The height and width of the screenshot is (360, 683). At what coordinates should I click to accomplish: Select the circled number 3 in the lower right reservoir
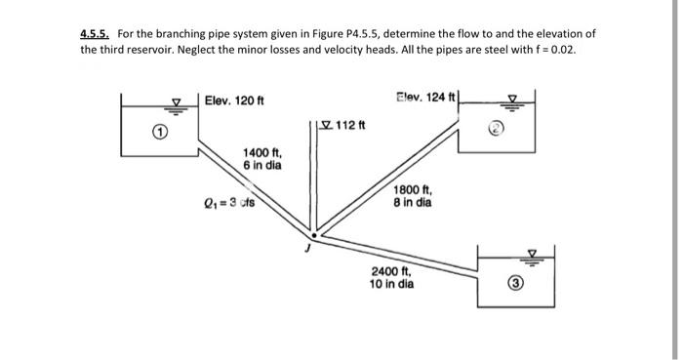coord(521,287)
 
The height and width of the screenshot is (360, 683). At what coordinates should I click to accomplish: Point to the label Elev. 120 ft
coord(235,100)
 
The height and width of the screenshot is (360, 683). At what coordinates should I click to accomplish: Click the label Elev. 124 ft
coord(425,96)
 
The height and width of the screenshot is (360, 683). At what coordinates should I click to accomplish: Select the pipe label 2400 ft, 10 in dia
coord(392,279)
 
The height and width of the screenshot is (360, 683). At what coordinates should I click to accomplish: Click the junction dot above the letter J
coord(313,235)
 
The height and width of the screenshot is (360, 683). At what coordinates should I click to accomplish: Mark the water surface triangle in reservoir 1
coord(178,100)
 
